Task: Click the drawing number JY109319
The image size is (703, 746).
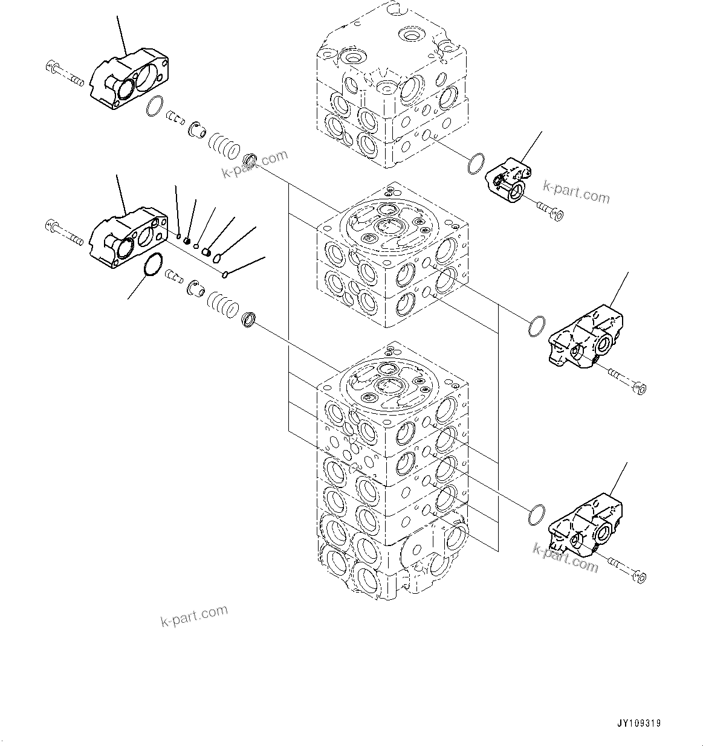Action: (639, 723)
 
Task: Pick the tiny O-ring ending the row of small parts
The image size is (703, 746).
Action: (225, 275)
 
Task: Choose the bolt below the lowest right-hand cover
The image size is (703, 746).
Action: (629, 571)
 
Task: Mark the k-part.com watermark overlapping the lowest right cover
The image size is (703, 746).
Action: (565, 557)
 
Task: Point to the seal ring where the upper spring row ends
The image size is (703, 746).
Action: (250, 161)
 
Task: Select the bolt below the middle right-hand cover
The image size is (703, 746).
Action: (629, 382)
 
